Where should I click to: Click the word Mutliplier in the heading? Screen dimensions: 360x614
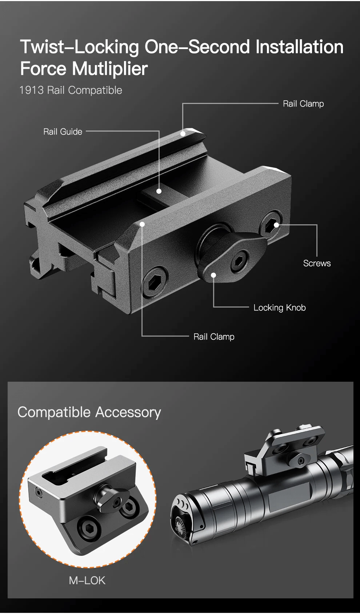(x=110, y=69)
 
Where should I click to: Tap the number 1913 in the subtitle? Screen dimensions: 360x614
(x=32, y=90)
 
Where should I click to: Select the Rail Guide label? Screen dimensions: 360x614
(x=63, y=132)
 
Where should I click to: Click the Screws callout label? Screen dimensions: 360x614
(x=317, y=263)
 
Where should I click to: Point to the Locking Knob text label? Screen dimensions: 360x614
(x=280, y=308)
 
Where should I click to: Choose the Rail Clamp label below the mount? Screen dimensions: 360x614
(x=214, y=337)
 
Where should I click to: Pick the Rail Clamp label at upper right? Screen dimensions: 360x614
(x=303, y=104)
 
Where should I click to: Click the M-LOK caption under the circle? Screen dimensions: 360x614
(x=87, y=580)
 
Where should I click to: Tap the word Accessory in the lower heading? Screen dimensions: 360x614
(x=128, y=412)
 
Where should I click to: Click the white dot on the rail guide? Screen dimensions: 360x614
(x=159, y=191)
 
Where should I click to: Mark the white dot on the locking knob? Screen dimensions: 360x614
(x=213, y=275)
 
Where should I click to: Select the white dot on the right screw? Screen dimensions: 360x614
(x=276, y=225)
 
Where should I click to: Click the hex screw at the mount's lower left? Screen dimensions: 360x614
(x=155, y=281)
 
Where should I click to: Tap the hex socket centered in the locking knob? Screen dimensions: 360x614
(x=239, y=261)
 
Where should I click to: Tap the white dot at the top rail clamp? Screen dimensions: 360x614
(x=183, y=133)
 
